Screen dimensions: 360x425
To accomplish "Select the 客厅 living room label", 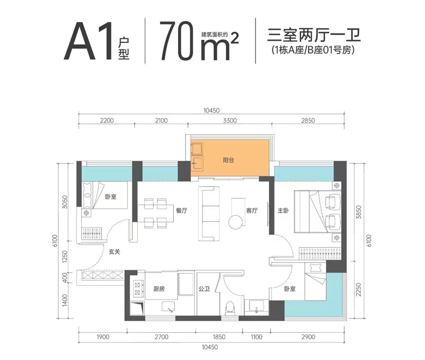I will pos(252,211).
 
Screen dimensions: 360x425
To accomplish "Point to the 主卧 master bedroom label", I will pos(282,211).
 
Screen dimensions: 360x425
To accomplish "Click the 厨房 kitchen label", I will pos(158,289).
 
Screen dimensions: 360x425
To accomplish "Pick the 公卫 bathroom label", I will pos(205,289).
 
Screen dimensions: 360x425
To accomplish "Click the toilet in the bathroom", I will pos(231,307).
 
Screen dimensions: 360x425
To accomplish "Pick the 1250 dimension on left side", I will pos(65,258).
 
